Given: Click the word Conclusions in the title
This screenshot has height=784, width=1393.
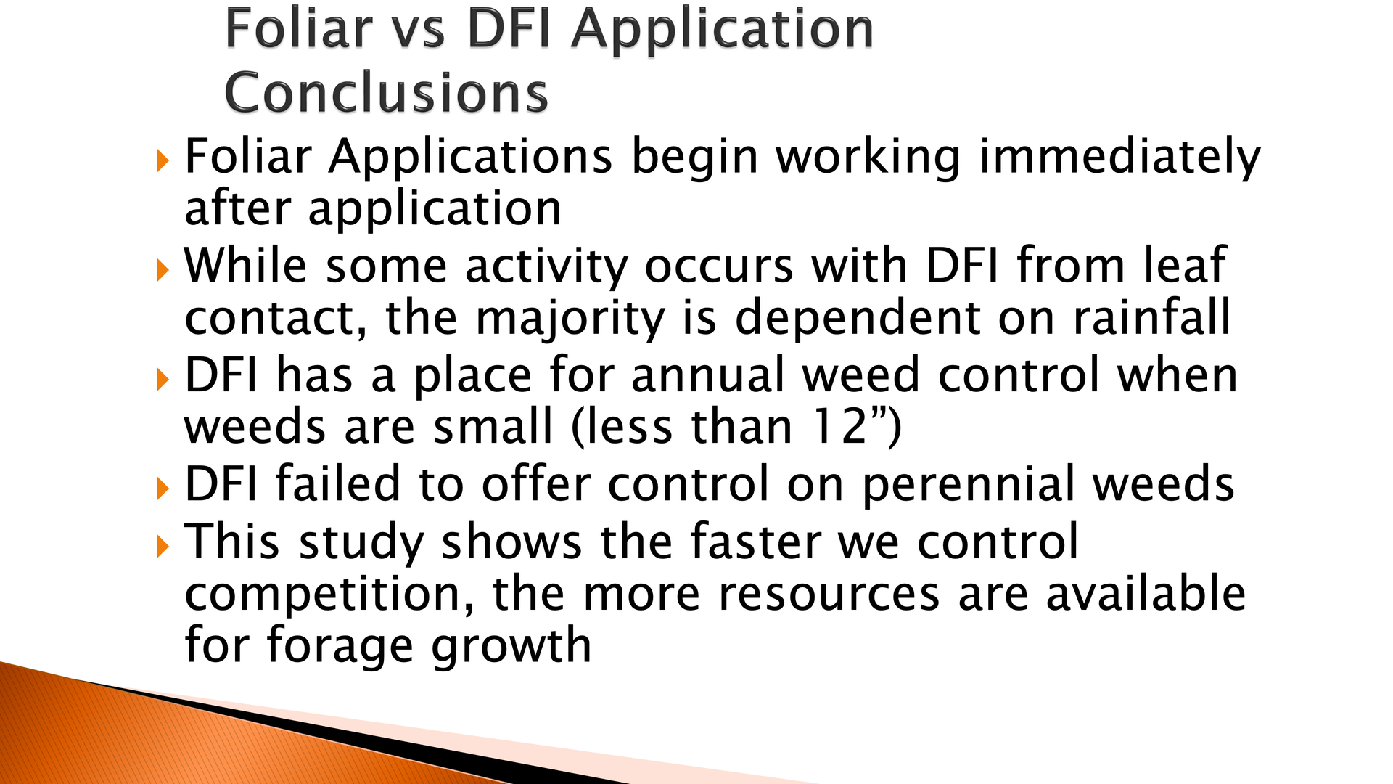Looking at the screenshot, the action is (386, 93).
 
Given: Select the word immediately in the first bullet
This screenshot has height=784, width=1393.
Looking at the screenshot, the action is (1120, 157).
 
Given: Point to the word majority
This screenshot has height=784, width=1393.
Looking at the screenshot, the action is (570, 319).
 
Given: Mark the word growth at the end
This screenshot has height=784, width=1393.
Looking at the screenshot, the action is (511, 646).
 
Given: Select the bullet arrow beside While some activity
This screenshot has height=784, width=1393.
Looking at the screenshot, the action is (163, 270).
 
